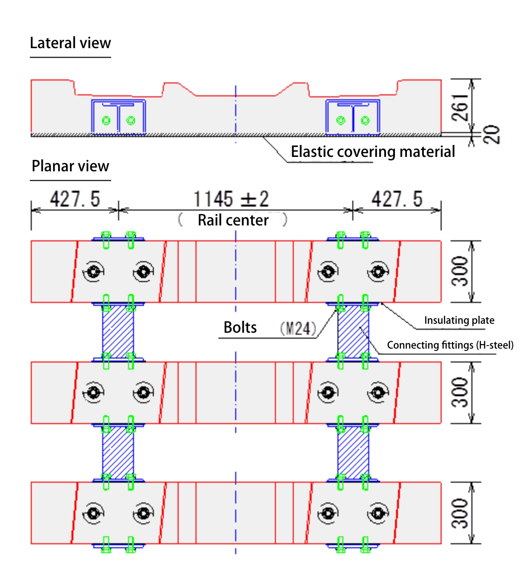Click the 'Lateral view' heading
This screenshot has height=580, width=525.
click(70, 43)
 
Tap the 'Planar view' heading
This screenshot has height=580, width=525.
click(70, 166)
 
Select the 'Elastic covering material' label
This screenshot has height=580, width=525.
click(373, 151)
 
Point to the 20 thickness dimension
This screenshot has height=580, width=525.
click(492, 135)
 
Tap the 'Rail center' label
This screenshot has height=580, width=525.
click(233, 220)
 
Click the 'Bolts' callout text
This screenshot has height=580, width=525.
click(240, 327)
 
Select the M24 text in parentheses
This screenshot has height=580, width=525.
click(298, 328)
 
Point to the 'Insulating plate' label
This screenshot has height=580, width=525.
click(459, 320)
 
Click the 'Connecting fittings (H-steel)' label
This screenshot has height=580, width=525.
click(450, 345)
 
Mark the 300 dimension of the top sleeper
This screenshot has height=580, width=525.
click(461, 271)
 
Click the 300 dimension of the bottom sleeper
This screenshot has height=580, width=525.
click(461, 513)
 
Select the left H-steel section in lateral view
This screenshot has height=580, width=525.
click(118, 117)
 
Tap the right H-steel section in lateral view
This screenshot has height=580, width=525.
click(353, 117)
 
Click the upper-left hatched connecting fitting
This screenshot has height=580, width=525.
click(118, 331)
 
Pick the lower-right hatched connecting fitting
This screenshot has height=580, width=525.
click(353, 452)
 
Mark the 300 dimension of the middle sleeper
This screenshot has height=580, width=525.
click(461, 392)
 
